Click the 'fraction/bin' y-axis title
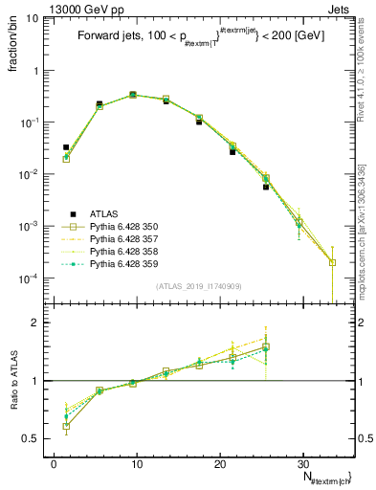[x=13, y=52]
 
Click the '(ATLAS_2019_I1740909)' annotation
[x=199, y=285]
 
